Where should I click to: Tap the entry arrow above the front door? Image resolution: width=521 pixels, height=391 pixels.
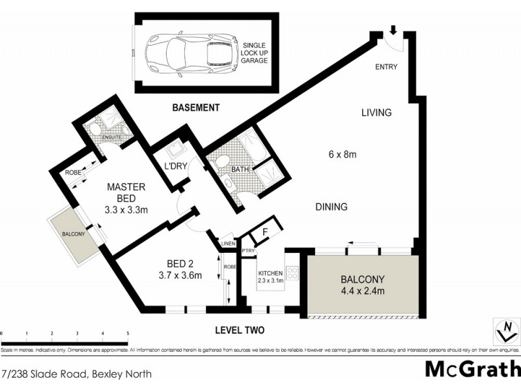pyautogui.click(x=393, y=30)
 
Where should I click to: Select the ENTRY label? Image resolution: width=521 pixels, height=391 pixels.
pyautogui.click(x=386, y=67)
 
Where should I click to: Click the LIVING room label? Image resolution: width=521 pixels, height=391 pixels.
pyautogui.click(x=376, y=113)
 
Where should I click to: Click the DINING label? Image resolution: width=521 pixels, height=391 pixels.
pyautogui.click(x=331, y=207)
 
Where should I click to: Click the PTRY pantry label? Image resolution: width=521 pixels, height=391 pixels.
pyautogui.click(x=247, y=251)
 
